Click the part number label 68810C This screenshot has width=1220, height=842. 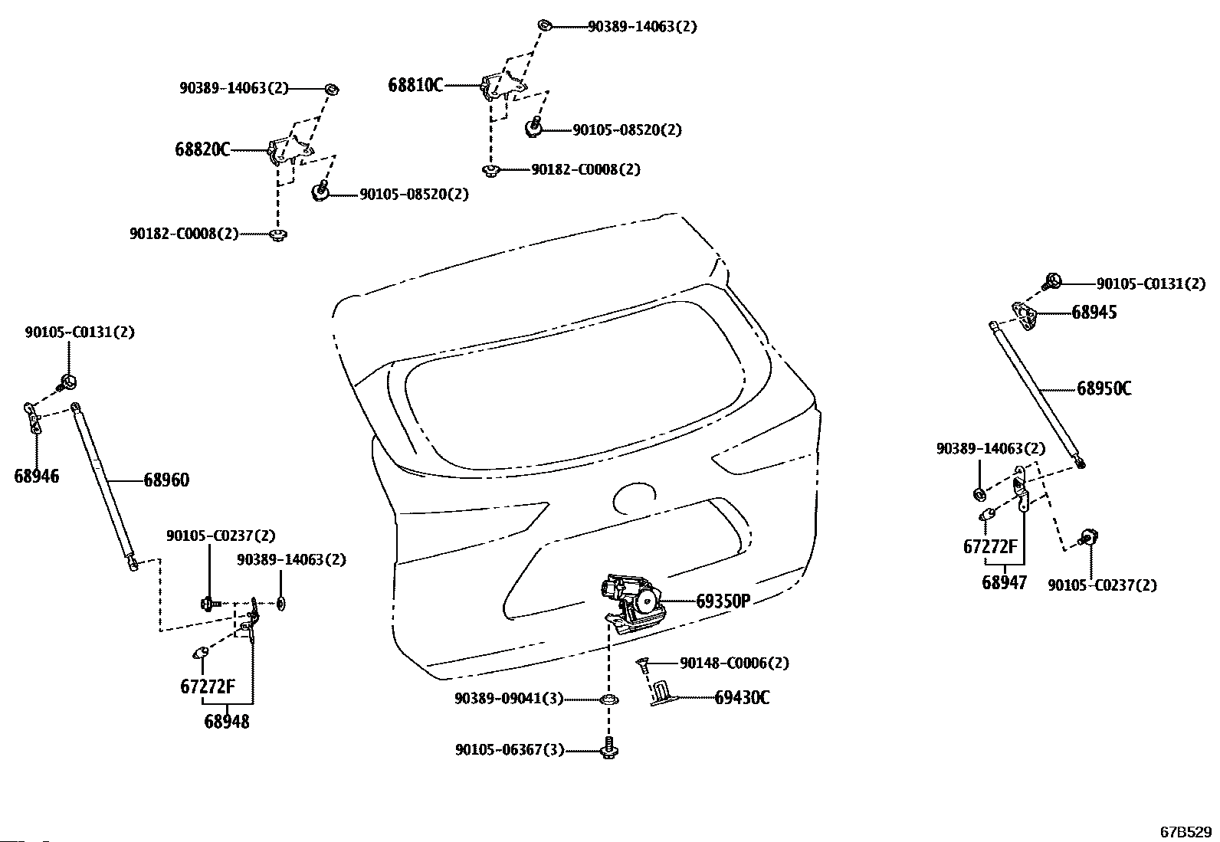[x=415, y=85]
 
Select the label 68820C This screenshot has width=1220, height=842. [x=202, y=149]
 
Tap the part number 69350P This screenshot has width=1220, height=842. [x=723, y=601]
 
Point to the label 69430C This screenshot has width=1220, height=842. [x=742, y=697]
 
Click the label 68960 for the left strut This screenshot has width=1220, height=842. [x=166, y=480]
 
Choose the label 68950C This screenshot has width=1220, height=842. [x=1104, y=388]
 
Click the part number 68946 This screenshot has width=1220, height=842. [x=36, y=476]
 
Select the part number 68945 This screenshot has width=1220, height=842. [x=1094, y=312]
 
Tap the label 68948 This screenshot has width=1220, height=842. [x=227, y=721]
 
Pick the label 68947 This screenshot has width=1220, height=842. [x=1004, y=582]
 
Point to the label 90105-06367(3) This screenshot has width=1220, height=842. [x=510, y=750]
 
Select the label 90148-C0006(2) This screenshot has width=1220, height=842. [x=734, y=663]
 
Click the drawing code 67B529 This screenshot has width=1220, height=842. [x=1186, y=831]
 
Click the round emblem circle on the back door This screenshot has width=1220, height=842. [x=636, y=499]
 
